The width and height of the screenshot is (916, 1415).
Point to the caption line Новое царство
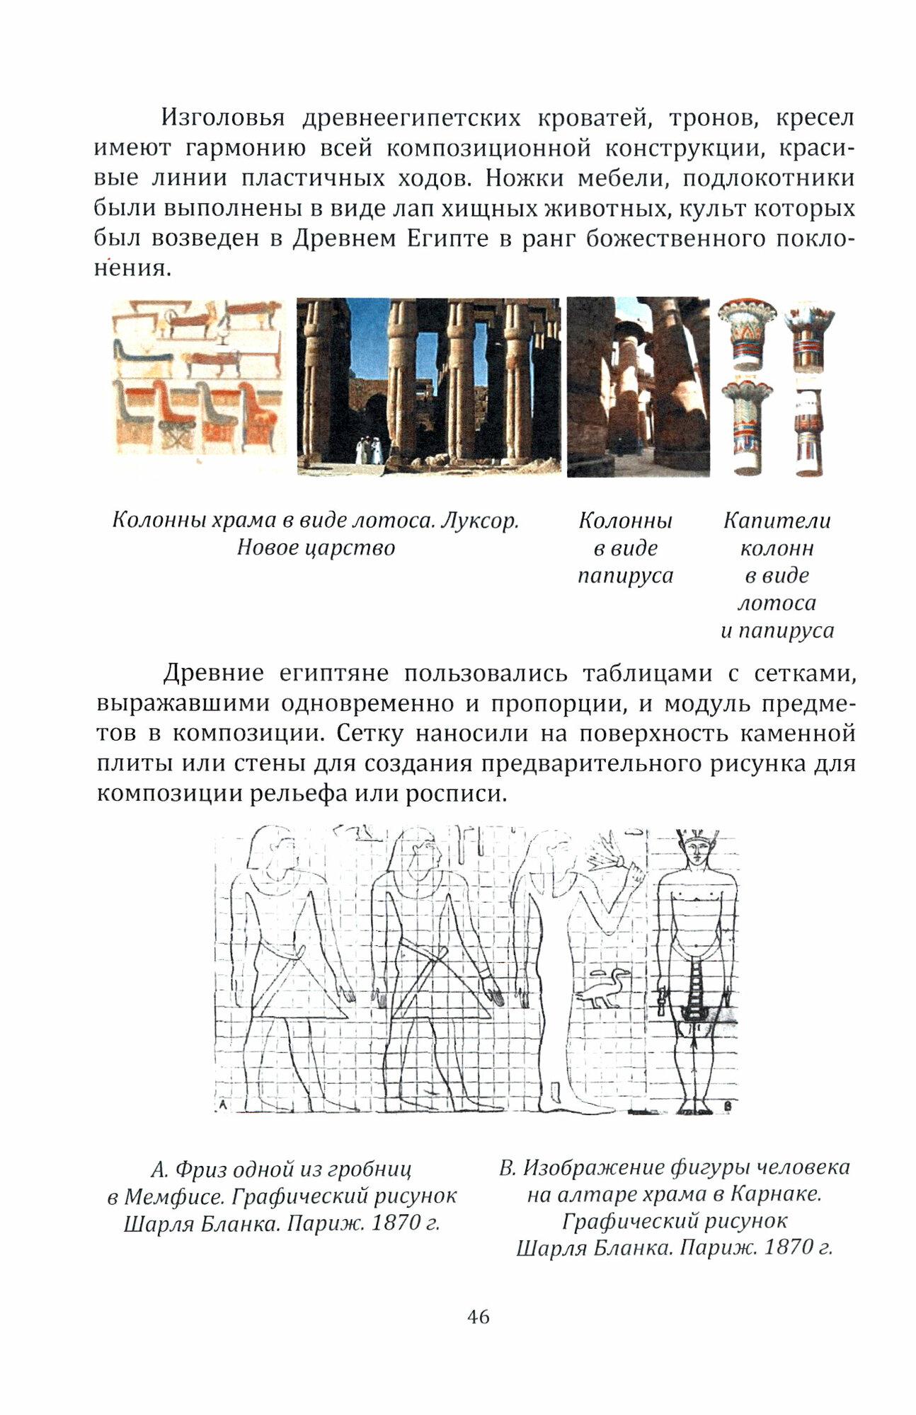[x=316, y=548]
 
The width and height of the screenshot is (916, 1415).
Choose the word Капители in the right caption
[x=777, y=521]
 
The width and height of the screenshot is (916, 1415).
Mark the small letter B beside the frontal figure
[x=728, y=1104]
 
